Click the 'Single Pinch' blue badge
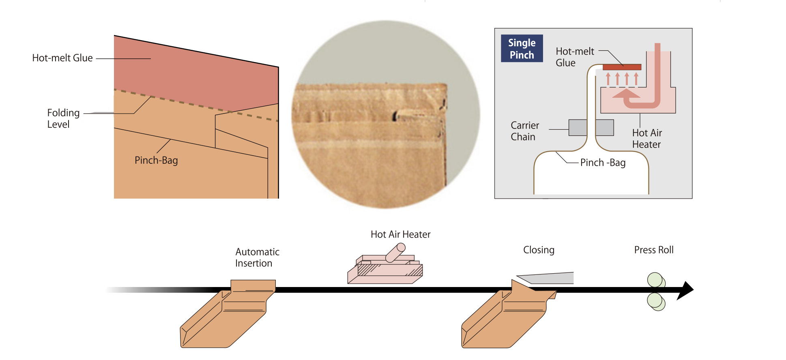click(x=522, y=49)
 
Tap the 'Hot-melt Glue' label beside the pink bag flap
click(x=62, y=58)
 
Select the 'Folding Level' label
click(x=63, y=118)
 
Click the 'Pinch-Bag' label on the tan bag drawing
click(x=156, y=161)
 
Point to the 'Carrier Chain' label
click(x=524, y=131)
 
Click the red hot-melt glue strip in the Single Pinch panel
click(x=622, y=67)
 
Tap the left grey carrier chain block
click(x=578, y=127)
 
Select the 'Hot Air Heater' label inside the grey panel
click(x=646, y=139)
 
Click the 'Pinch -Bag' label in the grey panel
click(x=603, y=163)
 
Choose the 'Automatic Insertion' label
click(x=257, y=257)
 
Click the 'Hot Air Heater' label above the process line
click(x=400, y=234)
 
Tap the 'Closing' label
click(x=539, y=250)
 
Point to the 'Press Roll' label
click(x=653, y=250)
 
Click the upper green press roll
click(x=655, y=280)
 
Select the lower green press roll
click(x=655, y=301)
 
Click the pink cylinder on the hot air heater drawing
click(x=395, y=253)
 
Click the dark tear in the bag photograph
click(x=395, y=116)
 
